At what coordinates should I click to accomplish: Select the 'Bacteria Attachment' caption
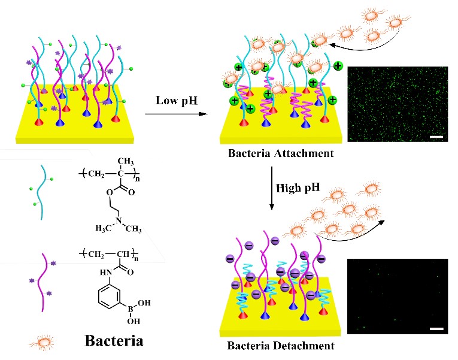pos(281,153)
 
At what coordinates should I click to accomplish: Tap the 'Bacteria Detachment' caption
pos(281,345)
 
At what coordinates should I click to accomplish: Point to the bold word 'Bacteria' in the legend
pos(114,341)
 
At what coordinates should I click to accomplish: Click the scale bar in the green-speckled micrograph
pos(435,137)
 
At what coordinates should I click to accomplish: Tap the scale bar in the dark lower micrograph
pos(436,329)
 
